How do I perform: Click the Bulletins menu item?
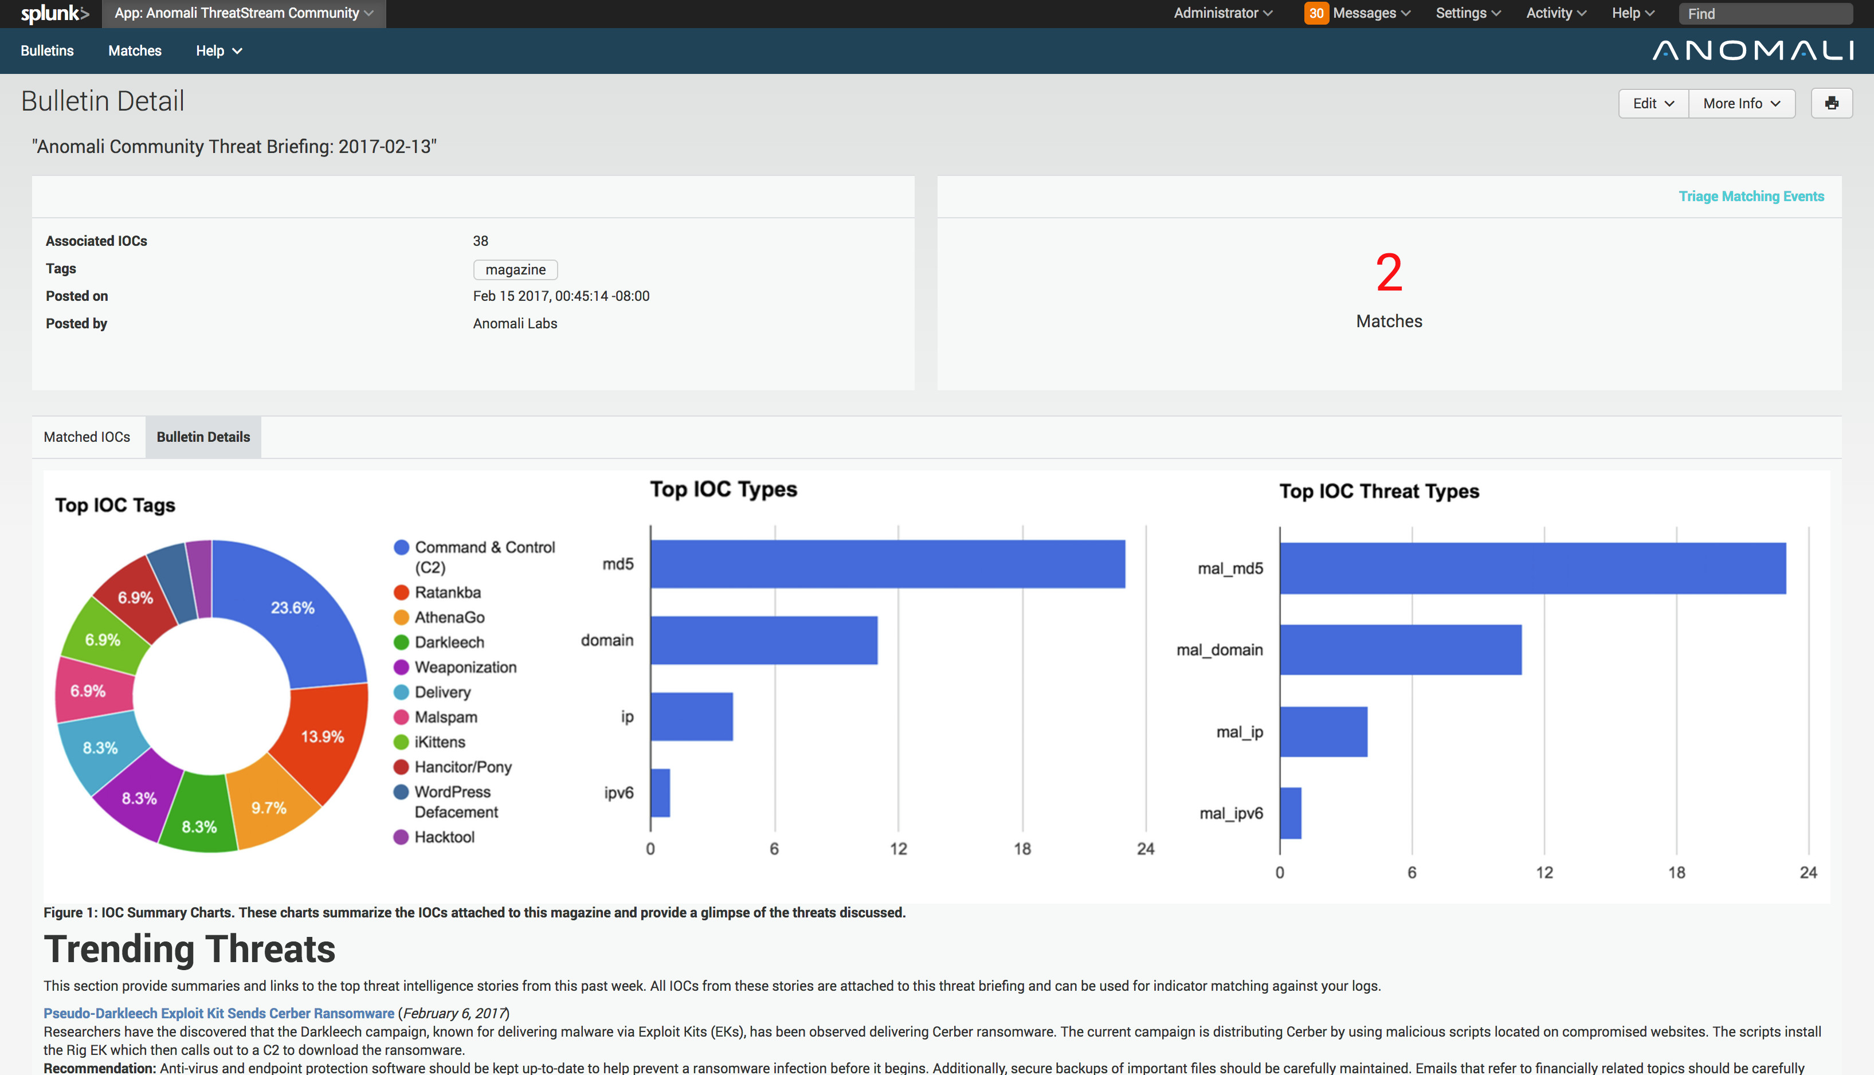coord(47,51)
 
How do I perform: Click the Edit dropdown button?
coord(1652,103)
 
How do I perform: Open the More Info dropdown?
coord(1741,103)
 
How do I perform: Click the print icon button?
coord(1831,103)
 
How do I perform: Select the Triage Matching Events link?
coord(1751,197)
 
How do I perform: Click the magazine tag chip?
coord(515,269)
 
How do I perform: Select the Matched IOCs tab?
coord(87,437)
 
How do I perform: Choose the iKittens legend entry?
coord(440,742)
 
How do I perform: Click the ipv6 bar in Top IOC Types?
coord(660,793)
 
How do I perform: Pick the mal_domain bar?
coord(1400,650)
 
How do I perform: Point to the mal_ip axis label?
coord(1239,732)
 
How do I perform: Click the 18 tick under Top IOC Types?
coord(1022,849)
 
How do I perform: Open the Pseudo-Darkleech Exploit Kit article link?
coord(218,1013)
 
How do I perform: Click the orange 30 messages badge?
coord(1316,13)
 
